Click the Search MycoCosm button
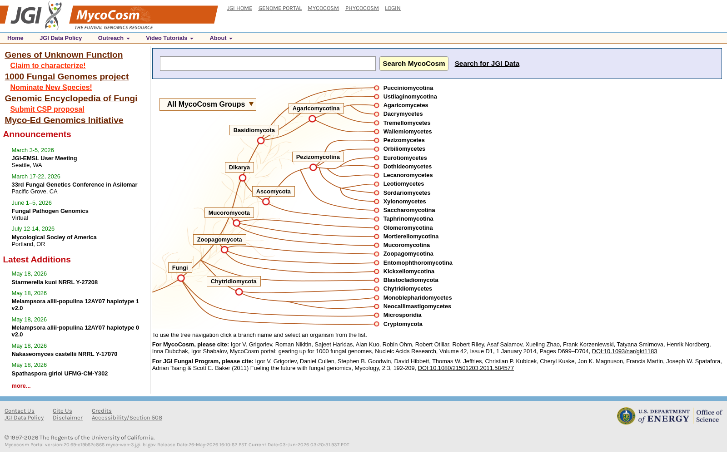(414, 64)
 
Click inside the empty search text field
(268, 64)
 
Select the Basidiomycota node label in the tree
(254, 130)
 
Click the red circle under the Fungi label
(181, 278)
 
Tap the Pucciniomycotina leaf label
(408, 88)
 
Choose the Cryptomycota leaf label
(403, 324)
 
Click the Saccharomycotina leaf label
(409, 210)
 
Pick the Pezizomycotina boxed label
(318, 157)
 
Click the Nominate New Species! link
(51, 87)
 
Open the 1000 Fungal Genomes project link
(66, 77)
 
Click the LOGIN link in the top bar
(393, 8)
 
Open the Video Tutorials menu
(169, 38)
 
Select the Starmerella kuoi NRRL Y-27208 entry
(55, 282)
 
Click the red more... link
(21, 385)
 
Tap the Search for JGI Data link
(487, 64)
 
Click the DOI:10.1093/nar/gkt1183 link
(624, 351)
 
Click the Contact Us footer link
(20, 411)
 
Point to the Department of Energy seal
(626, 416)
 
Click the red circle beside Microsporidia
(377, 315)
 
